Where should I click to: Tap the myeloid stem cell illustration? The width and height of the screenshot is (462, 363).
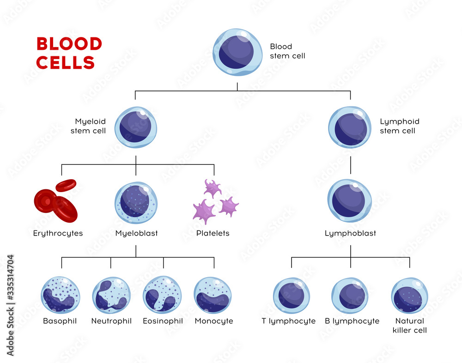tap(135, 127)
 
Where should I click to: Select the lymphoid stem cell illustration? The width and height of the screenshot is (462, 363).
tap(350, 127)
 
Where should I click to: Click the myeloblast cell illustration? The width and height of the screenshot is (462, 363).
tap(136, 202)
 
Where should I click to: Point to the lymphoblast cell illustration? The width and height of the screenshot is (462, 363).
tap(350, 200)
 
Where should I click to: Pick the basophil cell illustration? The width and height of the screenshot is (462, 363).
tap(61, 296)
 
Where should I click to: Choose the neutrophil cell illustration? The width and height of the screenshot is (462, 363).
tap(111, 296)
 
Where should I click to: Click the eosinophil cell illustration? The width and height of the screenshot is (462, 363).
tap(162, 296)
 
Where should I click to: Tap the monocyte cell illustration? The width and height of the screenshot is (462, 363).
tap(213, 296)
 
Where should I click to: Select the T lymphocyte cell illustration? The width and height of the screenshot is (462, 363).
tap(292, 296)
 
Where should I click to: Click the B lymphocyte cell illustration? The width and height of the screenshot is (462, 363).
tap(350, 296)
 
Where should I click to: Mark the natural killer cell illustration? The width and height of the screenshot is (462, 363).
tap(409, 296)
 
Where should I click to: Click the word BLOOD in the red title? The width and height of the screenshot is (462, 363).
tap(69, 44)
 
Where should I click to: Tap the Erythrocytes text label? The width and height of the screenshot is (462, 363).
tap(58, 233)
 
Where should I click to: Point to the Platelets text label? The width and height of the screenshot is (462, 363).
tap(213, 233)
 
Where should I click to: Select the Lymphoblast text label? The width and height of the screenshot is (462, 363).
tap(350, 233)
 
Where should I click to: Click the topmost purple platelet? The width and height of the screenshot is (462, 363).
tap(213, 188)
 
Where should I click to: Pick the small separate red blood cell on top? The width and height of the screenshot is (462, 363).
tap(66, 185)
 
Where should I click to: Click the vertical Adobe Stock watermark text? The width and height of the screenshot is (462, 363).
tap(10, 305)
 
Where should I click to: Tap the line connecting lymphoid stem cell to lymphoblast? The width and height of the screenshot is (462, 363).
tap(350, 165)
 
